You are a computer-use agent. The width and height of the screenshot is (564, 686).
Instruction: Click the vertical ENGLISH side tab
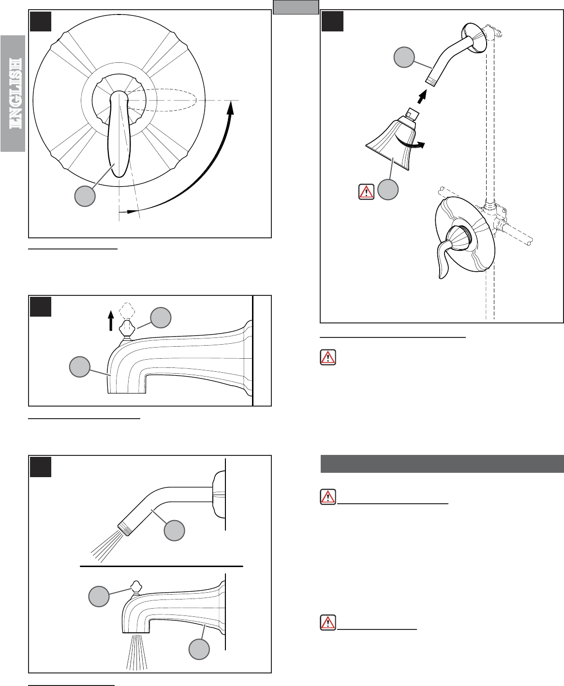(x=13, y=93)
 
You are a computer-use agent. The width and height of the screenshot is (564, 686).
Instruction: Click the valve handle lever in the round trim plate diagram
(x=119, y=134)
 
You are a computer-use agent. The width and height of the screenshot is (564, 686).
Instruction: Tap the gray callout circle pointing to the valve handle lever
(x=85, y=196)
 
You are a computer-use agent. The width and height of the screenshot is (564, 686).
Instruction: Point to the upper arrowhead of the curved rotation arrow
(x=231, y=107)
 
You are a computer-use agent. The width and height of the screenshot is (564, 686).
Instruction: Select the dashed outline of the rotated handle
(x=162, y=100)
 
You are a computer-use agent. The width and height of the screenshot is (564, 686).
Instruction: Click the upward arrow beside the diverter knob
(x=111, y=321)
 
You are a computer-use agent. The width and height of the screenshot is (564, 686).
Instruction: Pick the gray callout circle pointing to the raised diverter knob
(x=161, y=318)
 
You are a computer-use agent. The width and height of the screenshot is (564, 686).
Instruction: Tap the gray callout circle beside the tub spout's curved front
(x=80, y=367)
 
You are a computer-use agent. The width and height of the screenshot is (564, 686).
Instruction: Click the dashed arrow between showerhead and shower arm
(x=422, y=97)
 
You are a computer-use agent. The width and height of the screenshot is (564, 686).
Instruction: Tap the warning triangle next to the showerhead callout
(x=367, y=191)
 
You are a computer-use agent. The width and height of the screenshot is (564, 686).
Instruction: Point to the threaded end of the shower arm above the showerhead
(x=430, y=81)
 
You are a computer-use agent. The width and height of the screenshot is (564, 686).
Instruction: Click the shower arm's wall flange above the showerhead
(x=474, y=38)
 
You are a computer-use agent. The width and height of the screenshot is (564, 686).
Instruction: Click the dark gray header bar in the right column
(x=442, y=464)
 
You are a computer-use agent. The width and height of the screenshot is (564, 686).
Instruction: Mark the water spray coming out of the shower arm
(x=106, y=547)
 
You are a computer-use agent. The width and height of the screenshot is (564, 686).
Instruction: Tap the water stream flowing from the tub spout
(x=137, y=653)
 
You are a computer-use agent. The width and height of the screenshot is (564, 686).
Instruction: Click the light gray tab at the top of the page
(x=296, y=7)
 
